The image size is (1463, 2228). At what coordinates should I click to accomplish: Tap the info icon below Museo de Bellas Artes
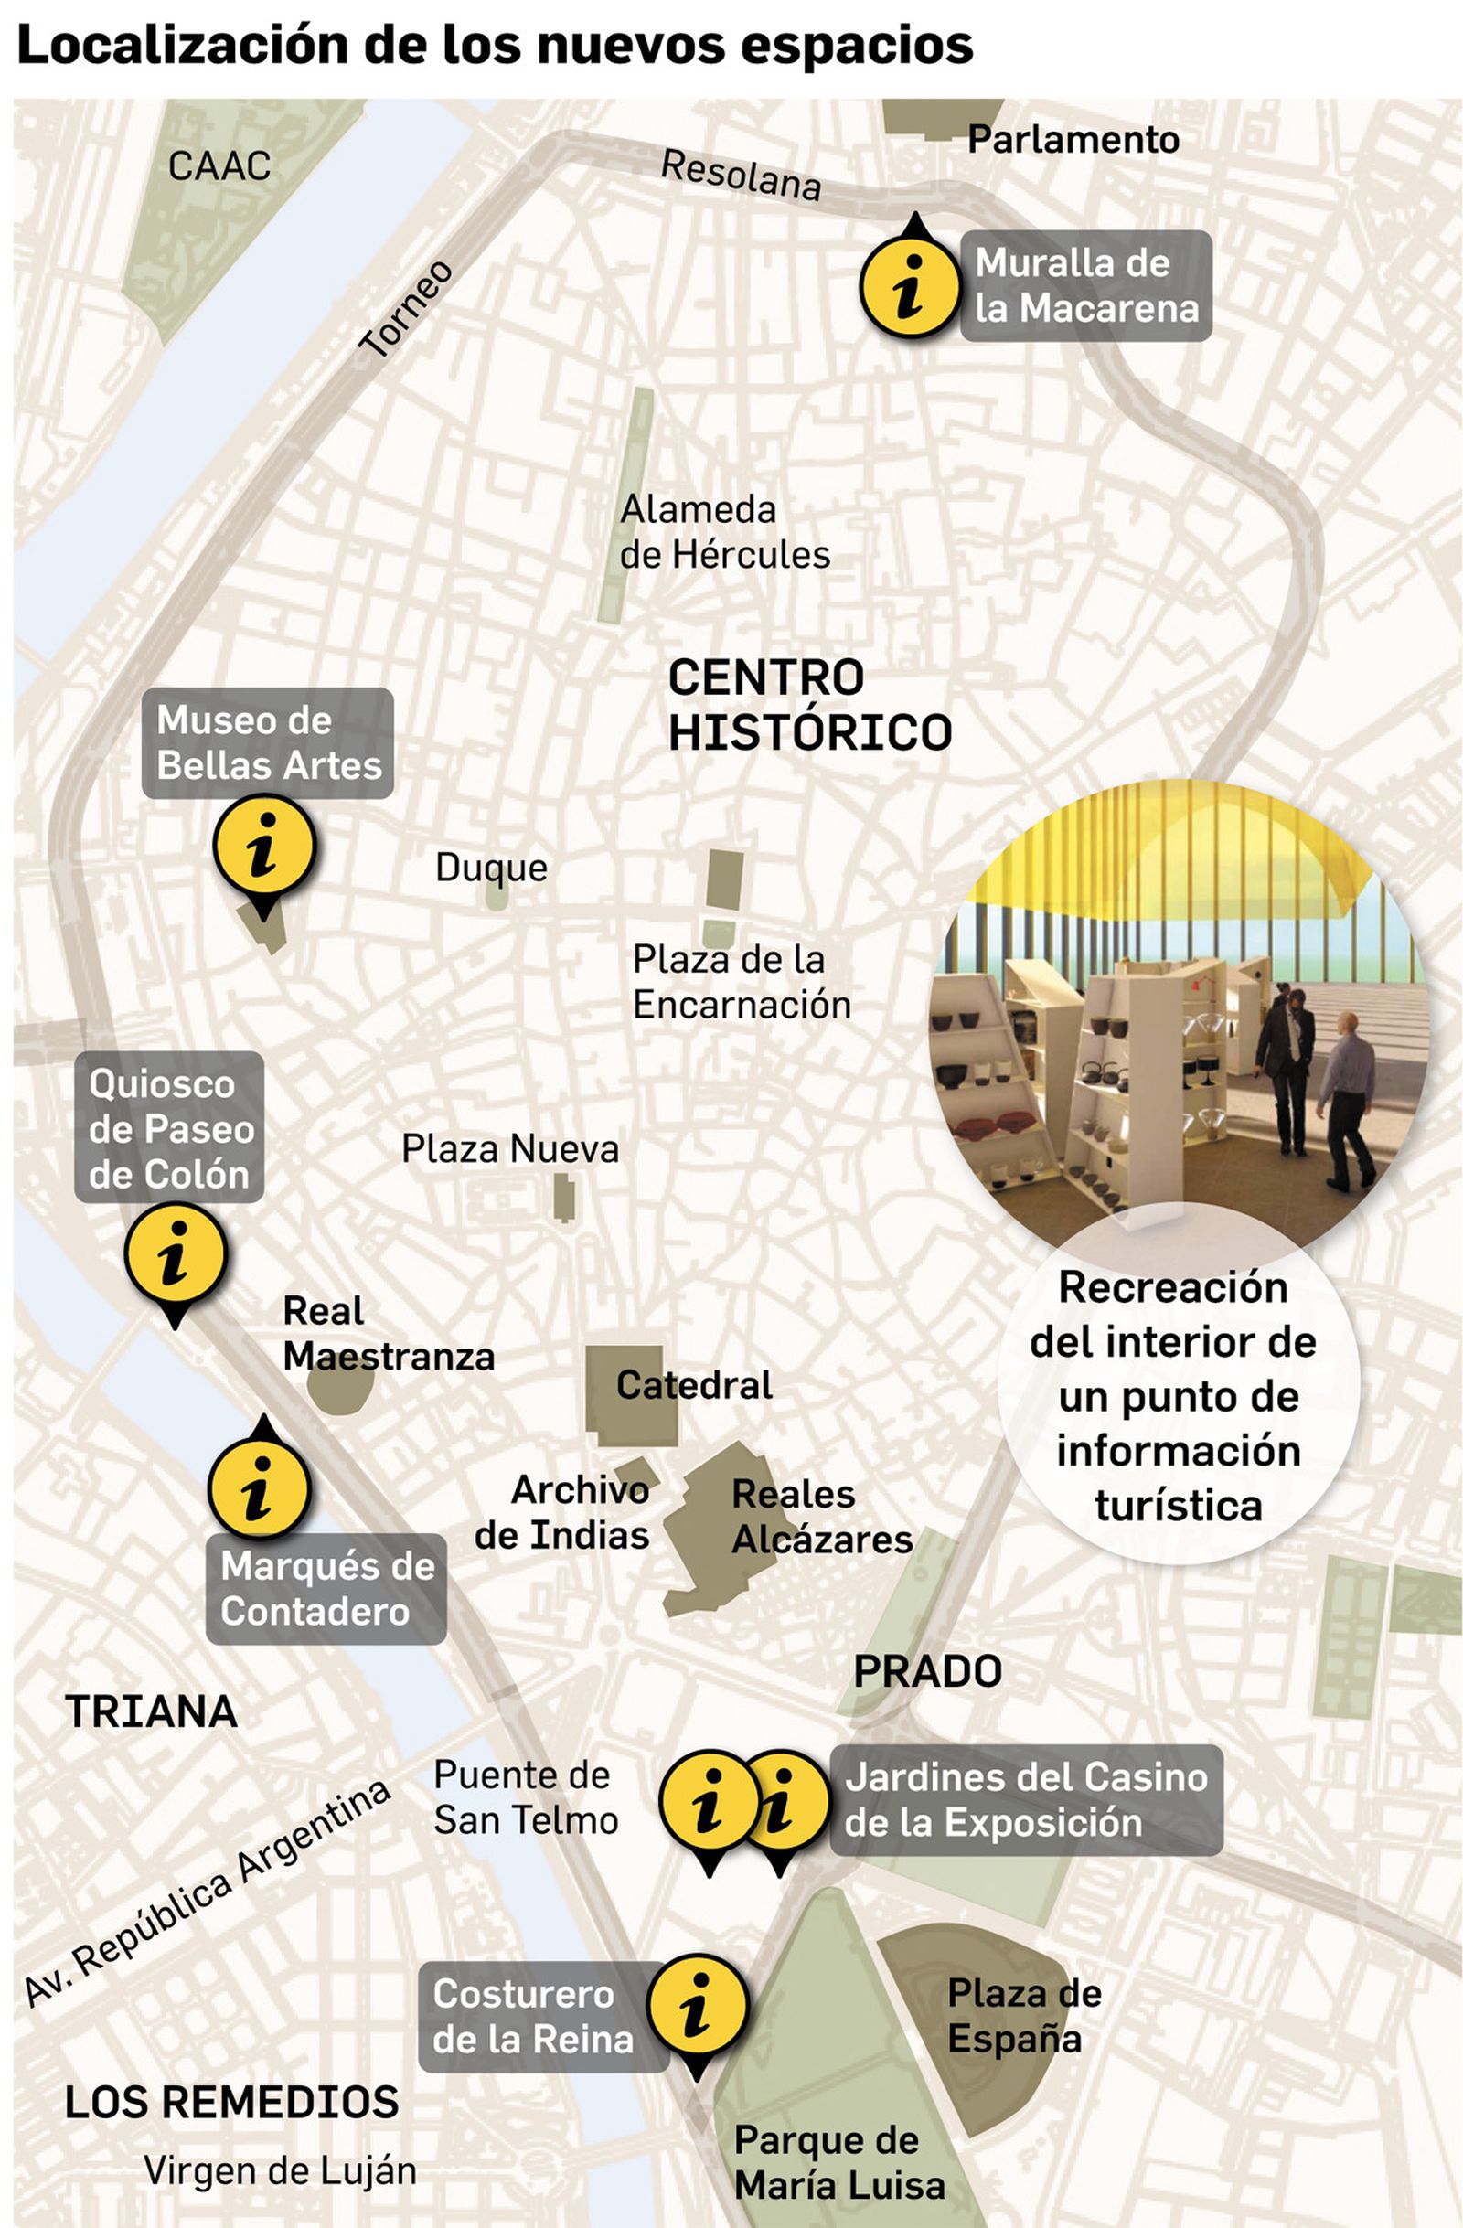point(264,846)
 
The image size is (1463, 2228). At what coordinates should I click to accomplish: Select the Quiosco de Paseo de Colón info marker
point(175,1255)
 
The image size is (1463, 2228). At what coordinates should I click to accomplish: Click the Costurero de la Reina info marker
point(698,2006)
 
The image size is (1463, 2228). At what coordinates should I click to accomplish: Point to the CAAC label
point(219,166)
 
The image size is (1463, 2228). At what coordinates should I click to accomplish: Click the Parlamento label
point(1073,140)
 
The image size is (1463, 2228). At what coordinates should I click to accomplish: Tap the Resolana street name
point(741,175)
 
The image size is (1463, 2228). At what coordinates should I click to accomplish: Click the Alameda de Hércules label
point(723,532)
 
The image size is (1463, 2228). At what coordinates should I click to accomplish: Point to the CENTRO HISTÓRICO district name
point(808,704)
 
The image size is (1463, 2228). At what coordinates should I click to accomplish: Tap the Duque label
point(491,868)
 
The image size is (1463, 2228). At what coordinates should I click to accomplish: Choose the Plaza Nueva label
point(510,1148)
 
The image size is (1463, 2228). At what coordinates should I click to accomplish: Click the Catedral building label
point(694,1385)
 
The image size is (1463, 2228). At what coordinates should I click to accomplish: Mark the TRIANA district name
point(152,1712)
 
